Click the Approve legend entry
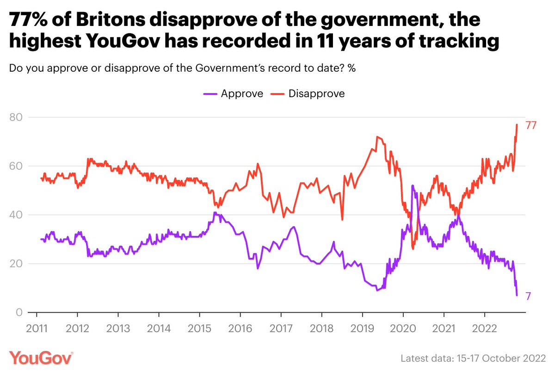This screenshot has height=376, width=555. pyautogui.click(x=233, y=93)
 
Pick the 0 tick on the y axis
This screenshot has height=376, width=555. pyautogui.click(x=18, y=313)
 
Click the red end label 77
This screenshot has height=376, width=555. pyautogui.click(x=530, y=125)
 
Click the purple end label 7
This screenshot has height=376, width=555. pyautogui.click(x=527, y=296)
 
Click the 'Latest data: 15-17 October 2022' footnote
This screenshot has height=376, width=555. pyautogui.click(x=473, y=358)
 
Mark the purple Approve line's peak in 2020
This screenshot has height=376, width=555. pyautogui.click(x=412, y=185)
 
